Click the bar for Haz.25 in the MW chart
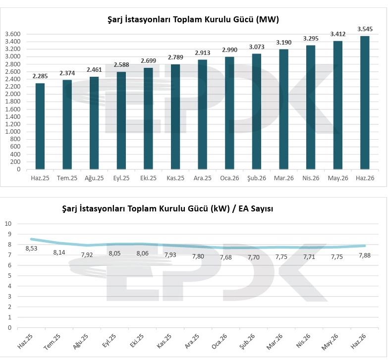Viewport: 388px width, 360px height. click(x=40, y=126)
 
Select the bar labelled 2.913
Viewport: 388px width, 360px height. click(x=202, y=114)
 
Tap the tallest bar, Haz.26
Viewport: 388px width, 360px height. click(x=365, y=103)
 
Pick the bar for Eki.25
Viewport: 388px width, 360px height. click(x=148, y=118)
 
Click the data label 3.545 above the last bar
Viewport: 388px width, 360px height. click(x=365, y=29)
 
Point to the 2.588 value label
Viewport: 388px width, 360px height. click(x=121, y=64)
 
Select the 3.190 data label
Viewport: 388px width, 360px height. click(x=284, y=42)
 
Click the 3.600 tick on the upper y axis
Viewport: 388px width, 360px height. click(x=12, y=34)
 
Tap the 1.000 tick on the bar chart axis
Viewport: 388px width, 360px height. click(x=12, y=132)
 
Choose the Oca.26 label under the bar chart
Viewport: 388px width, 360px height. click(x=229, y=178)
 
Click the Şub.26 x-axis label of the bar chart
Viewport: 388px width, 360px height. click(x=257, y=178)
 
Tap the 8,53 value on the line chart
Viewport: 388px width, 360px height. click(x=31, y=248)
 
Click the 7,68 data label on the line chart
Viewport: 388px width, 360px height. click(x=226, y=257)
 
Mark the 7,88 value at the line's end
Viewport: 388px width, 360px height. click(x=365, y=255)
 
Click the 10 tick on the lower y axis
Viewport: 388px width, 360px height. click(x=8, y=223)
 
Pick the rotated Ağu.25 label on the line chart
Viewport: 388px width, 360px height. click(x=81, y=342)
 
